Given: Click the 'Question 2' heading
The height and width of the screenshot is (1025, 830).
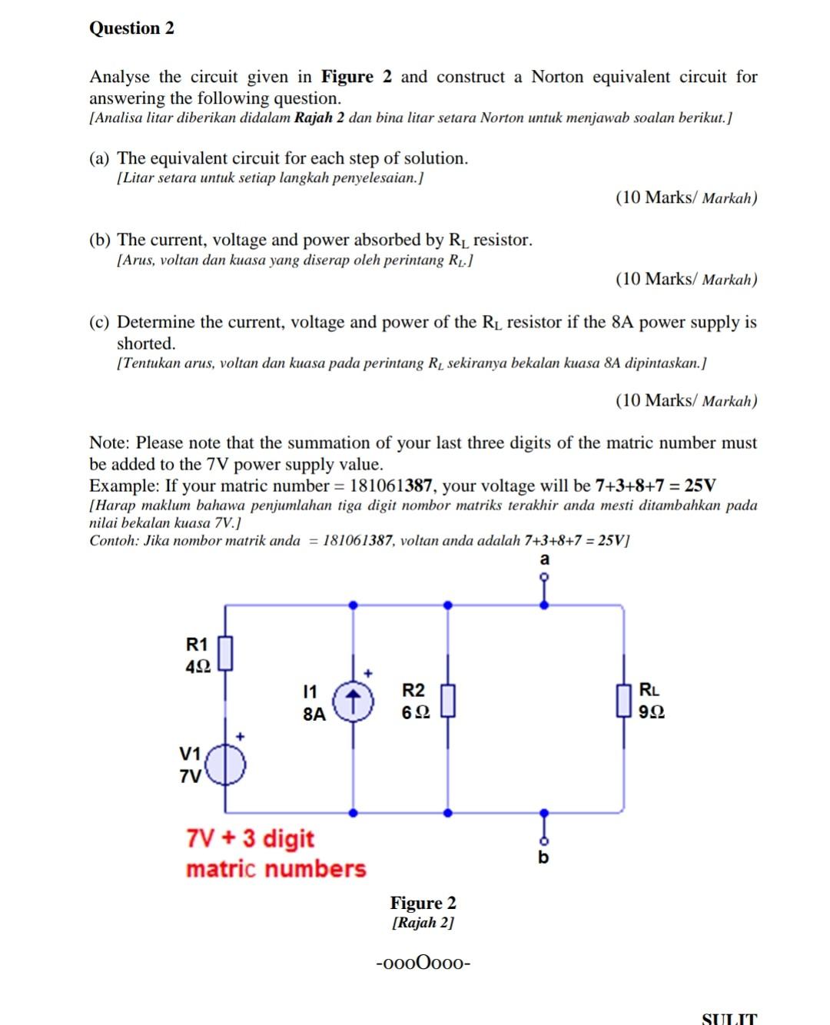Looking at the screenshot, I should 131,28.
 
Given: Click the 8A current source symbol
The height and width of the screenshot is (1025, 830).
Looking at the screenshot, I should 353,701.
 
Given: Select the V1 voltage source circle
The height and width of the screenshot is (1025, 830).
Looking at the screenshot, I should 225,765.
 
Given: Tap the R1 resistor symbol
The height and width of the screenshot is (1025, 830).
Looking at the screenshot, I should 225,653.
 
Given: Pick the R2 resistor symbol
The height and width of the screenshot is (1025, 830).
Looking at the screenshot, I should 448,701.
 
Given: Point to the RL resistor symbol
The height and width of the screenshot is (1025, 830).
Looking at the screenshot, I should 623,701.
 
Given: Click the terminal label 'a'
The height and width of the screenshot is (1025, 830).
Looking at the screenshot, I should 545,559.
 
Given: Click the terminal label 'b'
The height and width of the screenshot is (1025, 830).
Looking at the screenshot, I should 543,857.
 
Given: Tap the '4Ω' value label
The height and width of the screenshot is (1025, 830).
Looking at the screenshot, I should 198,666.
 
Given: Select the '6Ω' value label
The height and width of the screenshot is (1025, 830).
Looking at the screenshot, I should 415,712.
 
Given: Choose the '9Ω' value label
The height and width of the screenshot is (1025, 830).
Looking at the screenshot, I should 651,712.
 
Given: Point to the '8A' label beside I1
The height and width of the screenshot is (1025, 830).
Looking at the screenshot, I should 314,714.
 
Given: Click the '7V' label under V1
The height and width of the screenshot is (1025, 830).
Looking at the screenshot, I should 190,776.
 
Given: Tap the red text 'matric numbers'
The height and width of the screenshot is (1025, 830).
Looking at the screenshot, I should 276,869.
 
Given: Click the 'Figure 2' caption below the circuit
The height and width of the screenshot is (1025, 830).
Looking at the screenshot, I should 423,903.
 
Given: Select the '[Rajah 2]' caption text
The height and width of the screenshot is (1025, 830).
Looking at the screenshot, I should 423,923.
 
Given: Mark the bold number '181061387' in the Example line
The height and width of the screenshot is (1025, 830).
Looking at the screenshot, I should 390,486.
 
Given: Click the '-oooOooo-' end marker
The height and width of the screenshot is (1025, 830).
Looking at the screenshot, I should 423,963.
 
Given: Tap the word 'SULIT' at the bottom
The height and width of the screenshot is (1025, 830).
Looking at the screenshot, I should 729,1019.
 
